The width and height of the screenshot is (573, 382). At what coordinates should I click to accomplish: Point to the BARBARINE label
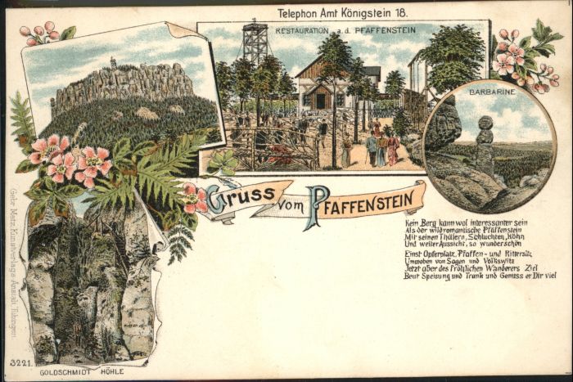click(492, 92)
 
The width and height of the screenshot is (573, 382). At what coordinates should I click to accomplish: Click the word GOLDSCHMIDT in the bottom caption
click(72, 373)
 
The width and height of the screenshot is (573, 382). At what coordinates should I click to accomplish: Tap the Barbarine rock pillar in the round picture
click(485, 143)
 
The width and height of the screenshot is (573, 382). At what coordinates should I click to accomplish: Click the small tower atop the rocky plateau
click(112, 62)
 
